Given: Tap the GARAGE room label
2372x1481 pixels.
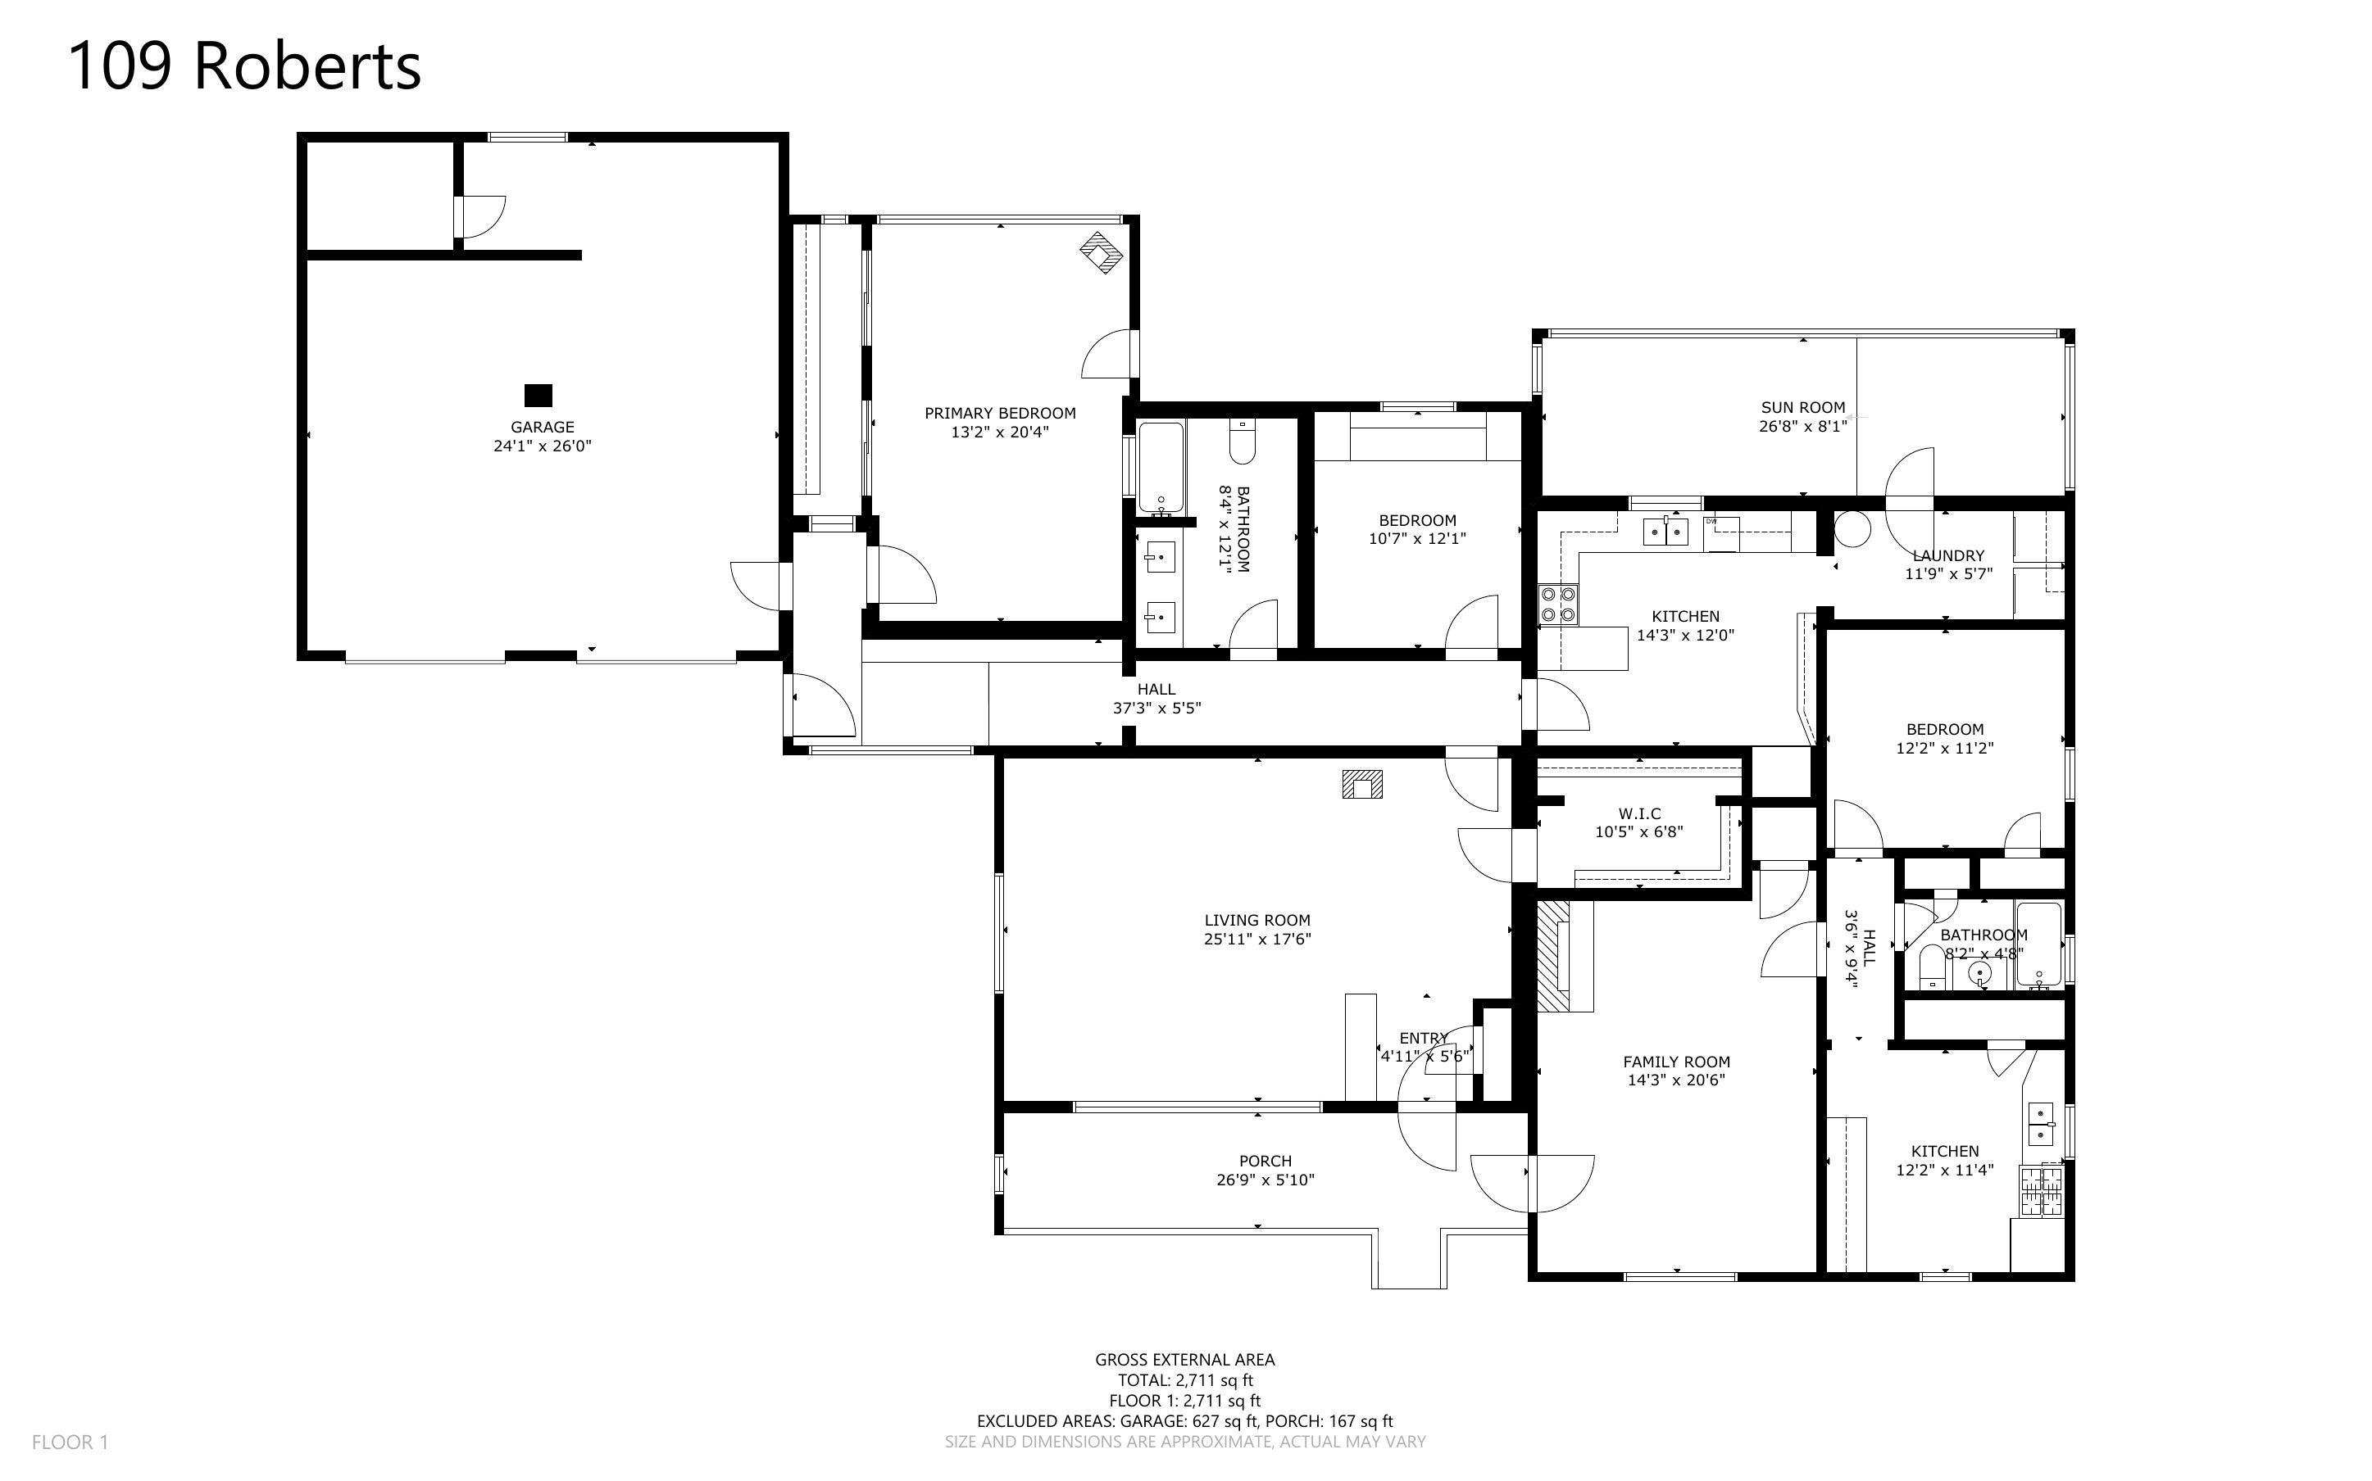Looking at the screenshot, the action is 542,427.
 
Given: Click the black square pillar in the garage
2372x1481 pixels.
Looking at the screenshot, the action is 538,395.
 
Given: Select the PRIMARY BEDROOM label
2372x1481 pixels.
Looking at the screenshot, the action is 999,414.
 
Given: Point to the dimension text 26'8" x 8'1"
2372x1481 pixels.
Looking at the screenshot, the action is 1802,426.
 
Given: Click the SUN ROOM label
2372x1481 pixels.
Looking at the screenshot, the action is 1802,407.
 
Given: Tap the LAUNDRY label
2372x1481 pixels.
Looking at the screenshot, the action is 1947,555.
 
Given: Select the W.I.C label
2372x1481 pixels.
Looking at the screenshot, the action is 1639,814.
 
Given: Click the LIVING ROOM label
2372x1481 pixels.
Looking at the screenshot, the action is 1257,920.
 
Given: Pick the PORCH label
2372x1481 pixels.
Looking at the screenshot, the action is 1265,1161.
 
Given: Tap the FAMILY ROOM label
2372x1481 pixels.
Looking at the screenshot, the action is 1676,1062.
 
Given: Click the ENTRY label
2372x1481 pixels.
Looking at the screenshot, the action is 1424,1039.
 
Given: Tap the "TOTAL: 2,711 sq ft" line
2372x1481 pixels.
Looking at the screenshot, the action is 1185,1380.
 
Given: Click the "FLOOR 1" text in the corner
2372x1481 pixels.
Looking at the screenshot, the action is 70,1442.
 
